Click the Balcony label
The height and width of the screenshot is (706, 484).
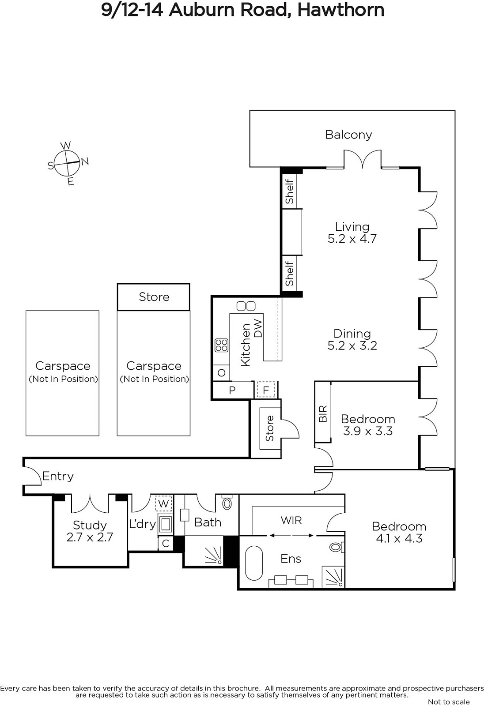coord(348,135)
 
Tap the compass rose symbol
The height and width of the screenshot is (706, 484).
coord(67,163)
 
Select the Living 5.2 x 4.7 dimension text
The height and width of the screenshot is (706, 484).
coord(352,239)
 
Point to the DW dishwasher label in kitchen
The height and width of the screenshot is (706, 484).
coord(258,328)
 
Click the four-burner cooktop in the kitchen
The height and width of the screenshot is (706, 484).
coord(222,345)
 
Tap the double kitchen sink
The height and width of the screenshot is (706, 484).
coord(246,306)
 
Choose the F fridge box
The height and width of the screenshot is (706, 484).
coord(266,390)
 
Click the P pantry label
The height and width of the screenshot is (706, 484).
coord(232,390)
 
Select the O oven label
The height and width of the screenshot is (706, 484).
coord(222,373)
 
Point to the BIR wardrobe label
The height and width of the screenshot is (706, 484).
coord(323,414)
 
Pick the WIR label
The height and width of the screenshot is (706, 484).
coord(291,520)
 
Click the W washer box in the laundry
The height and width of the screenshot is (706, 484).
coord(163,503)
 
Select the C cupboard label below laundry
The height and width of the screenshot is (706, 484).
coord(166,543)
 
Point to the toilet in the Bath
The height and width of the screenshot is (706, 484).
coord(227,502)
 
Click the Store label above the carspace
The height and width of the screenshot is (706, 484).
coord(154,297)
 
